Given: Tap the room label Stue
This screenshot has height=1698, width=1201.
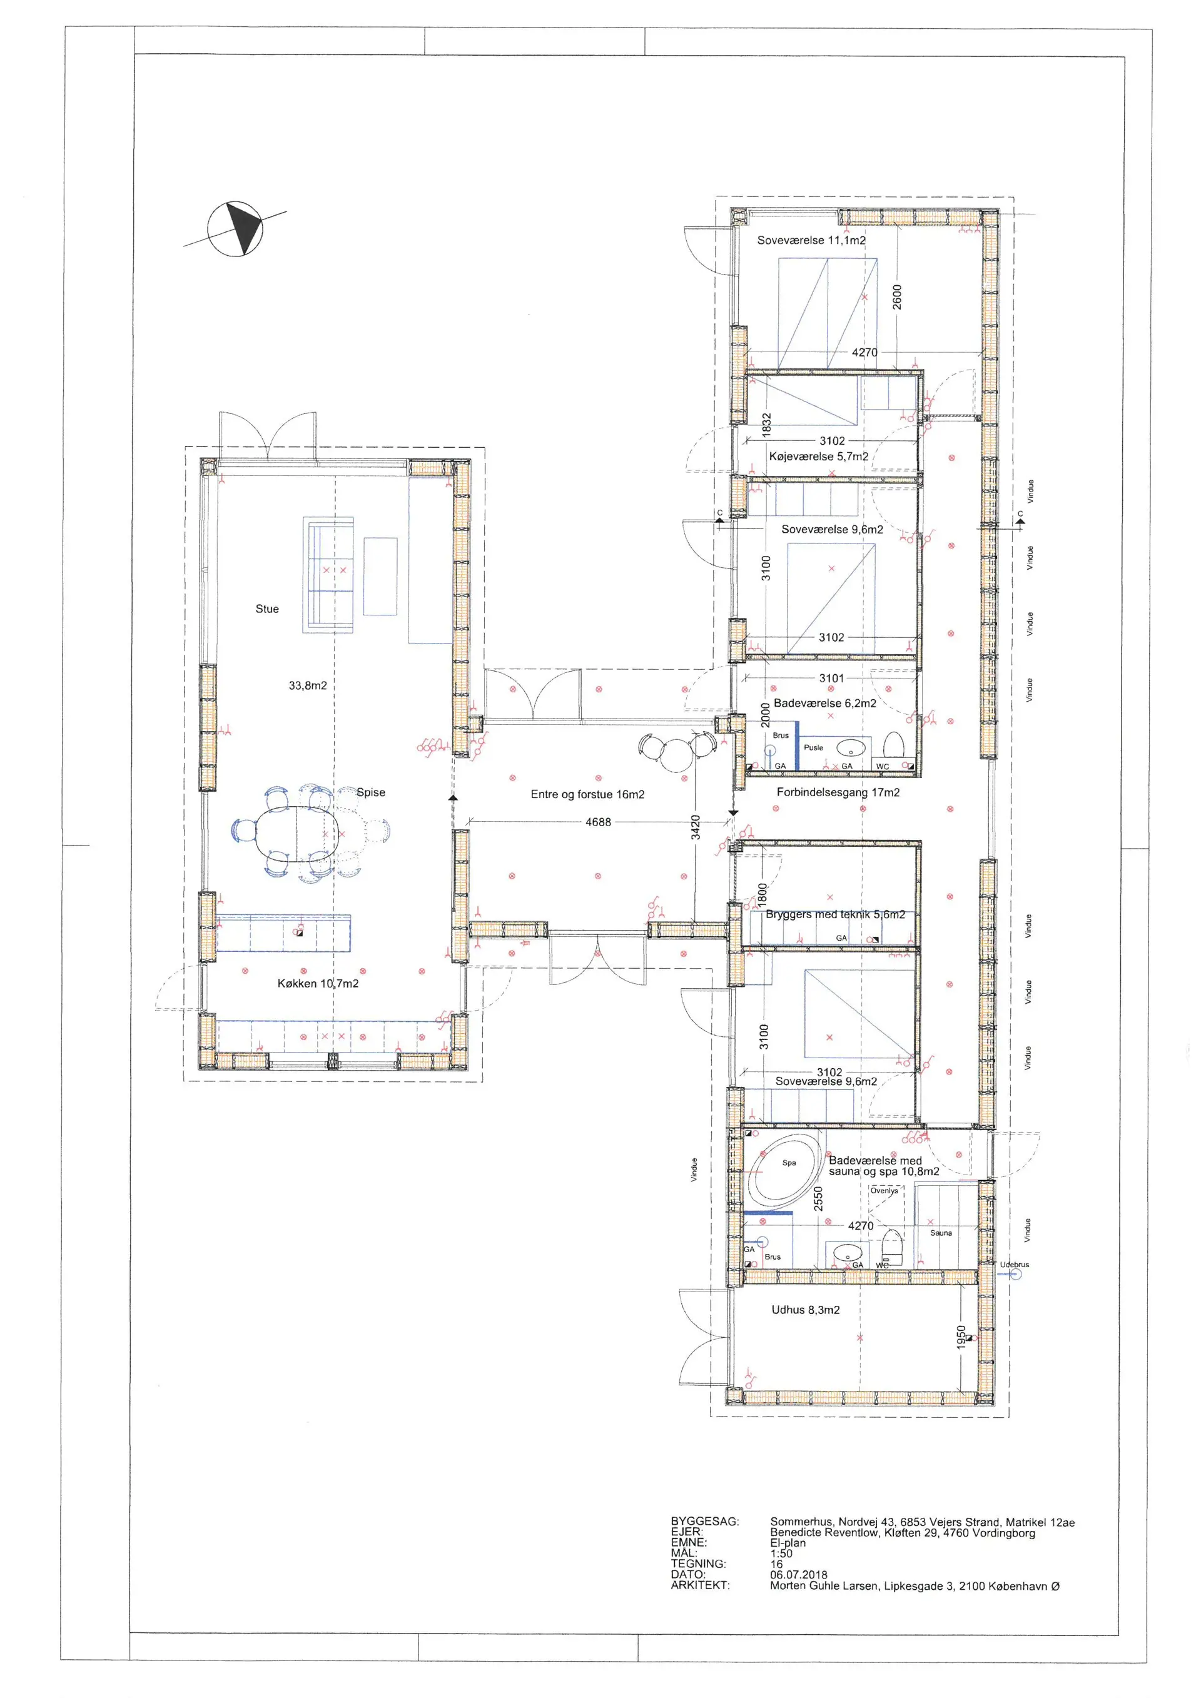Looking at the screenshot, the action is [267, 609].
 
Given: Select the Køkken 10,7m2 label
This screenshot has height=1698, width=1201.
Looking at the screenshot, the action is [318, 984].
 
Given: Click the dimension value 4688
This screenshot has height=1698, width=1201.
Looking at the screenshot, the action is [598, 822].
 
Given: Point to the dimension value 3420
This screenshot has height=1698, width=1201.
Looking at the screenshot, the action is [695, 827].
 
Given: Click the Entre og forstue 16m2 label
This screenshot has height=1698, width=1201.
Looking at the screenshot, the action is [587, 794].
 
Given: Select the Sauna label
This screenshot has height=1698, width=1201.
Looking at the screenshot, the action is [941, 1233].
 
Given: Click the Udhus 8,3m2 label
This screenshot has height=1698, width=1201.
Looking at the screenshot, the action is [805, 1310].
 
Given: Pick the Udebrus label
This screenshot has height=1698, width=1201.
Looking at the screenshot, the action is [1014, 1265].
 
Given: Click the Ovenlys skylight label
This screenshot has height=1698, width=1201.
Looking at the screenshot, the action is [884, 1191].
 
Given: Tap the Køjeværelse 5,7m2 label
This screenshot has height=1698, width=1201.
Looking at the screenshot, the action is [819, 457].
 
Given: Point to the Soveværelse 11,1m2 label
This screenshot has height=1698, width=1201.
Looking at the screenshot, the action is [811, 240].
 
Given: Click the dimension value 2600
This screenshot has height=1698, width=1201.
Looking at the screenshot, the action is [897, 297].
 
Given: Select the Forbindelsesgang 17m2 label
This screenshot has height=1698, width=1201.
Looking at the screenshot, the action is [838, 792].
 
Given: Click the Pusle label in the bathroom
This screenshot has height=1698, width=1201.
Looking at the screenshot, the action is [813, 747].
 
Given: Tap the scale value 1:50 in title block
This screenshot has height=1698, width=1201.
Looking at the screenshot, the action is [781, 1554].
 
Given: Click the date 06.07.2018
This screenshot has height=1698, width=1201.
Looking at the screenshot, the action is [799, 1575].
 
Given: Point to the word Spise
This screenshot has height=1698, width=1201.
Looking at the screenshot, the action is [370, 792].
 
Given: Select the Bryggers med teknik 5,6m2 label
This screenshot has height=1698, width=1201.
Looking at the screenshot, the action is [835, 914].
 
